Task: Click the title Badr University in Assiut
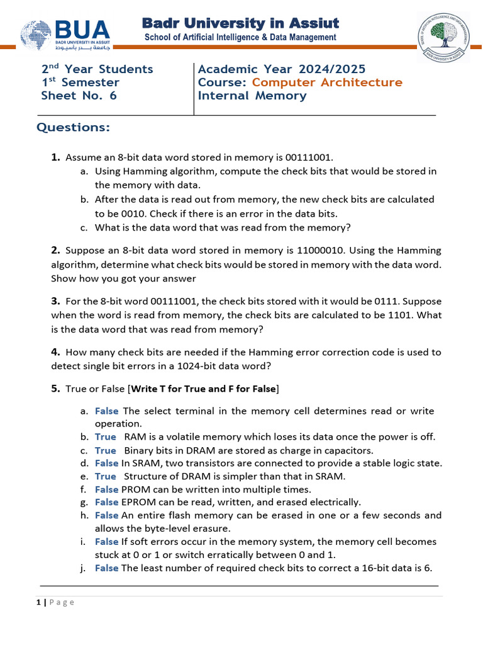(x=240, y=23)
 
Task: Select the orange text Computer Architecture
(x=327, y=83)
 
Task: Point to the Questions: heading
(x=73, y=128)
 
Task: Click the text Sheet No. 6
(x=79, y=96)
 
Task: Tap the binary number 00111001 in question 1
(x=311, y=157)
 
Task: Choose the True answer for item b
(x=106, y=437)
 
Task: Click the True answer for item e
(x=106, y=476)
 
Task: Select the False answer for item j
(x=107, y=568)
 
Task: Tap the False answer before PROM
(x=107, y=489)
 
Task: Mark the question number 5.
(x=55, y=389)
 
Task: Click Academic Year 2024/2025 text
(x=281, y=69)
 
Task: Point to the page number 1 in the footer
(x=38, y=602)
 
